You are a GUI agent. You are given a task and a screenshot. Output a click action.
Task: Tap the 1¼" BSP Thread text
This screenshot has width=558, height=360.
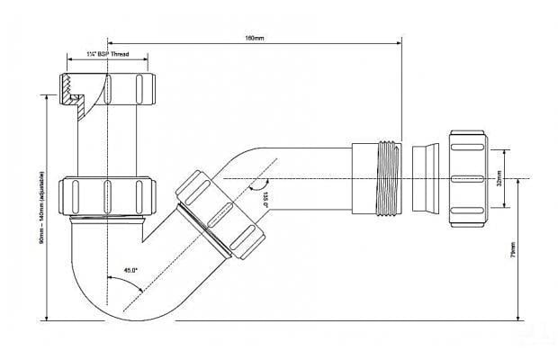[109, 55]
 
